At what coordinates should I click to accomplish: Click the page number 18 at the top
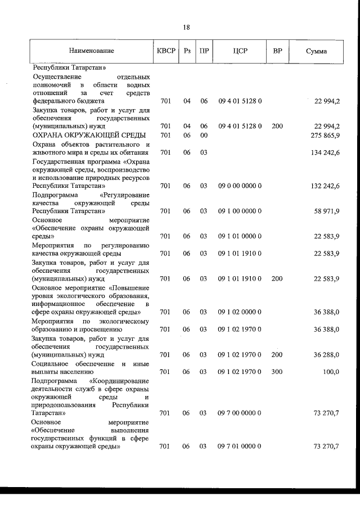coord(186,27)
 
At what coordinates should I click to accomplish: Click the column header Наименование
coord(91,51)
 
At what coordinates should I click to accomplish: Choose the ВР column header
coord(277,51)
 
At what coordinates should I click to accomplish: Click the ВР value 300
coord(277,372)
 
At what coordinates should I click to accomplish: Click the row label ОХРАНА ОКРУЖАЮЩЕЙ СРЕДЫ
coord(89,136)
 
